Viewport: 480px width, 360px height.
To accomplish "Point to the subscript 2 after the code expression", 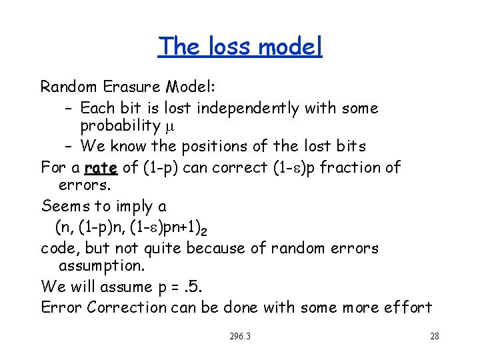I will (203, 231).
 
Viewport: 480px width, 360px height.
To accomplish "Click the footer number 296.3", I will (239, 336).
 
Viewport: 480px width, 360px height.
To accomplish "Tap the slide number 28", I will (434, 336).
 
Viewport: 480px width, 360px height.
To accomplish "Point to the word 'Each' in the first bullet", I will (98, 108).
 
